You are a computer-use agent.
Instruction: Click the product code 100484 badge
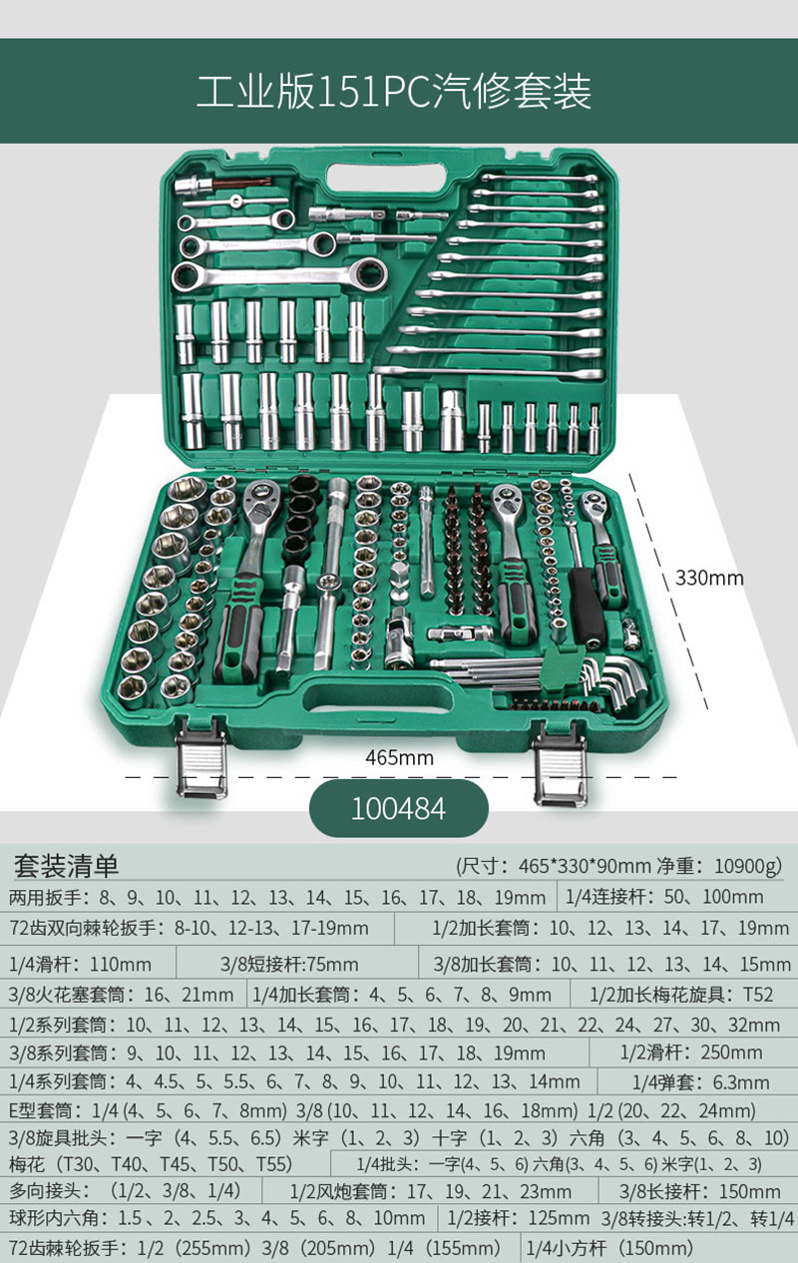[x=398, y=807]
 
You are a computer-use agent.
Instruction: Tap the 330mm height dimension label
[x=709, y=577]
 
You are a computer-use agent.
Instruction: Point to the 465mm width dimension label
[x=399, y=757]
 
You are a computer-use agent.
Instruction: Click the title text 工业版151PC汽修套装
[x=394, y=92]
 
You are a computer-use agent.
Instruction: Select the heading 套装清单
[x=65, y=865]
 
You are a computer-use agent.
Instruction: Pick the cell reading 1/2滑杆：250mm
[x=691, y=1052]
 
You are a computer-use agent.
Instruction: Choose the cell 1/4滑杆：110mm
[x=80, y=965]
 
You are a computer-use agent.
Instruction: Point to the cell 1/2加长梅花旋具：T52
[x=681, y=995]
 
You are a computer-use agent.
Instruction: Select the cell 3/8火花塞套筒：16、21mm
[x=121, y=995]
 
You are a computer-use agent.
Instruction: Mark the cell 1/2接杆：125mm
[x=518, y=1218]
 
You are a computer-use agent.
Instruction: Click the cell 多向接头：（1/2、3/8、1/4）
[x=125, y=1191]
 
